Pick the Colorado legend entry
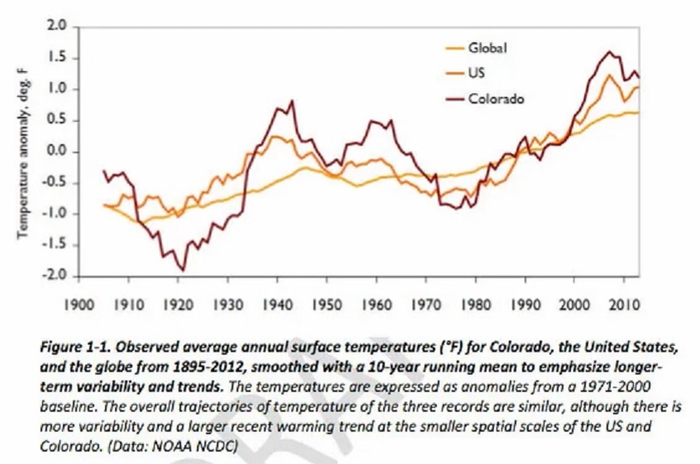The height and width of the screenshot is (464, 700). point(496,98)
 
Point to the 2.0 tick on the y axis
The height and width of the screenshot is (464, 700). point(56,27)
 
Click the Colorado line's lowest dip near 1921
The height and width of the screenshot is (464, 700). point(183,270)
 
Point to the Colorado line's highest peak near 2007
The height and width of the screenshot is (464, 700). point(610,52)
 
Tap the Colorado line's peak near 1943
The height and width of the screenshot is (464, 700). point(292,101)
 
